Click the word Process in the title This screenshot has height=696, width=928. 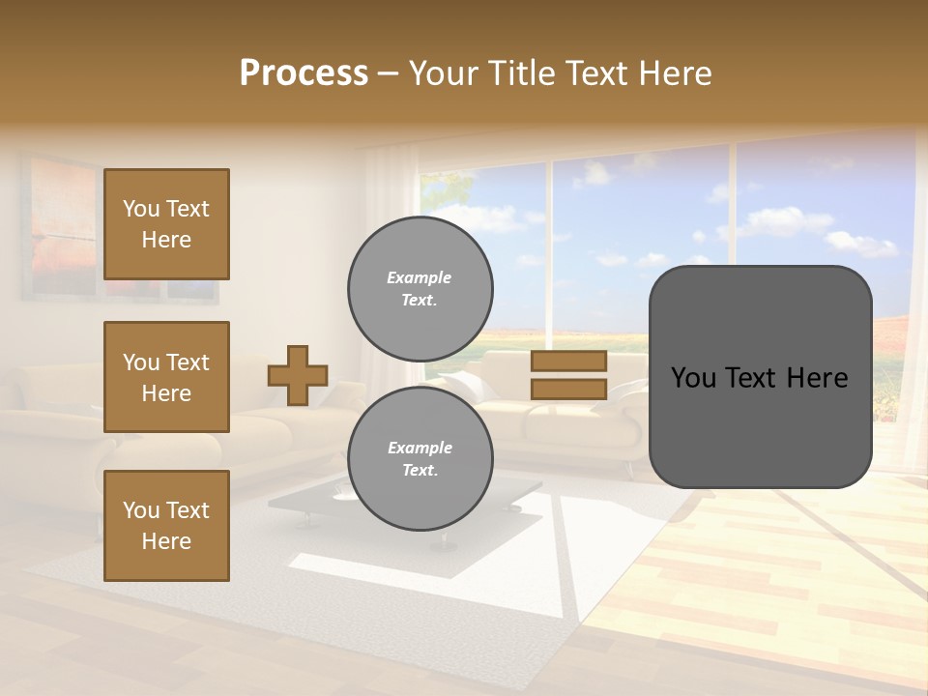pos(304,73)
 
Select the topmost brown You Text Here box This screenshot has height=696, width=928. pos(166,224)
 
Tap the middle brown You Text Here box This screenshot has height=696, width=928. pos(166,377)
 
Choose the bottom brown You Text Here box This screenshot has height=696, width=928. pos(166,526)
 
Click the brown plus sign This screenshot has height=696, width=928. pos(298,375)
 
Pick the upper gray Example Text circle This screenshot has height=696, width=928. pos(420,288)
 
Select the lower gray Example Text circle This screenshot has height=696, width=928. pos(420,458)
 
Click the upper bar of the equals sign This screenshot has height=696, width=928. pos(568,362)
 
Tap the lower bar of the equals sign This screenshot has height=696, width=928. pos(568,389)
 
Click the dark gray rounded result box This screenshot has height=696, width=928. pos(760,425)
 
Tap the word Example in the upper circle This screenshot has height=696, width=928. pos(419,277)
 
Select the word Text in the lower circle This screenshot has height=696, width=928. pos(419,470)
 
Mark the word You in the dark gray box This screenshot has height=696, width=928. pos(694,378)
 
